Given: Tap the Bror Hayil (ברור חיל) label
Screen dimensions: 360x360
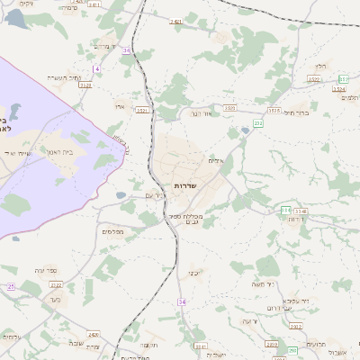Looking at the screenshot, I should click(296, 112).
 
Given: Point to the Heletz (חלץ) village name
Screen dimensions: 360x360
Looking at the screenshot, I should click(321, 66).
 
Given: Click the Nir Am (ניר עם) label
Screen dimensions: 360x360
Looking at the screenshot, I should click(156, 194).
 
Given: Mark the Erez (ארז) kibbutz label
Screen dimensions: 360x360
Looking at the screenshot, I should click(120, 107).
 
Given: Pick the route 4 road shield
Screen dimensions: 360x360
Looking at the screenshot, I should click(95, 68).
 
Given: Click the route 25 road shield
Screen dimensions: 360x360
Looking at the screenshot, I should click(11, 286).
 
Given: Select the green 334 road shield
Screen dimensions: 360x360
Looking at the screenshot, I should click(285, 211).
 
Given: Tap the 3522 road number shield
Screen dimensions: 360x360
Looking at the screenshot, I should click(313, 79).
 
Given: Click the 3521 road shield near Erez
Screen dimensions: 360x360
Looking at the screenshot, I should click(141, 110).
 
